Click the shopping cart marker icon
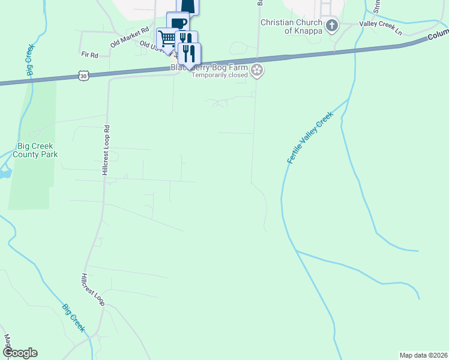click(x=167, y=39)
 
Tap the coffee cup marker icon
click(x=178, y=23)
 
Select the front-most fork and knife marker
click(x=190, y=53)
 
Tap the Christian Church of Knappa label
click(x=292, y=26)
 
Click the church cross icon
click(x=332, y=26)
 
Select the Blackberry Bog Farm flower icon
click(x=257, y=70)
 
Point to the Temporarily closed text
click(x=220, y=76)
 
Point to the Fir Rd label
click(x=89, y=54)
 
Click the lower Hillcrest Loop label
click(x=93, y=290)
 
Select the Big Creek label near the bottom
click(x=74, y=318)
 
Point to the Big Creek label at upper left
click(x=29, y=58)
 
